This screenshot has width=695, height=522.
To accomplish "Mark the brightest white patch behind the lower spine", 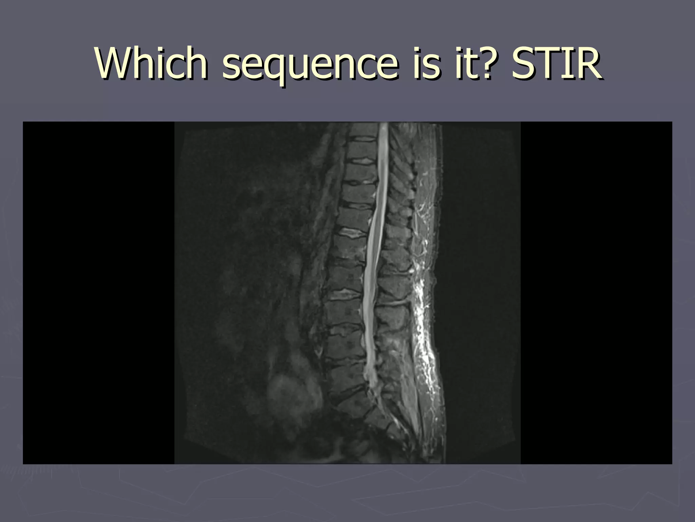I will (x=421, y=306).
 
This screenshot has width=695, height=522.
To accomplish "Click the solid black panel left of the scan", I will (x=98, y=292).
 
